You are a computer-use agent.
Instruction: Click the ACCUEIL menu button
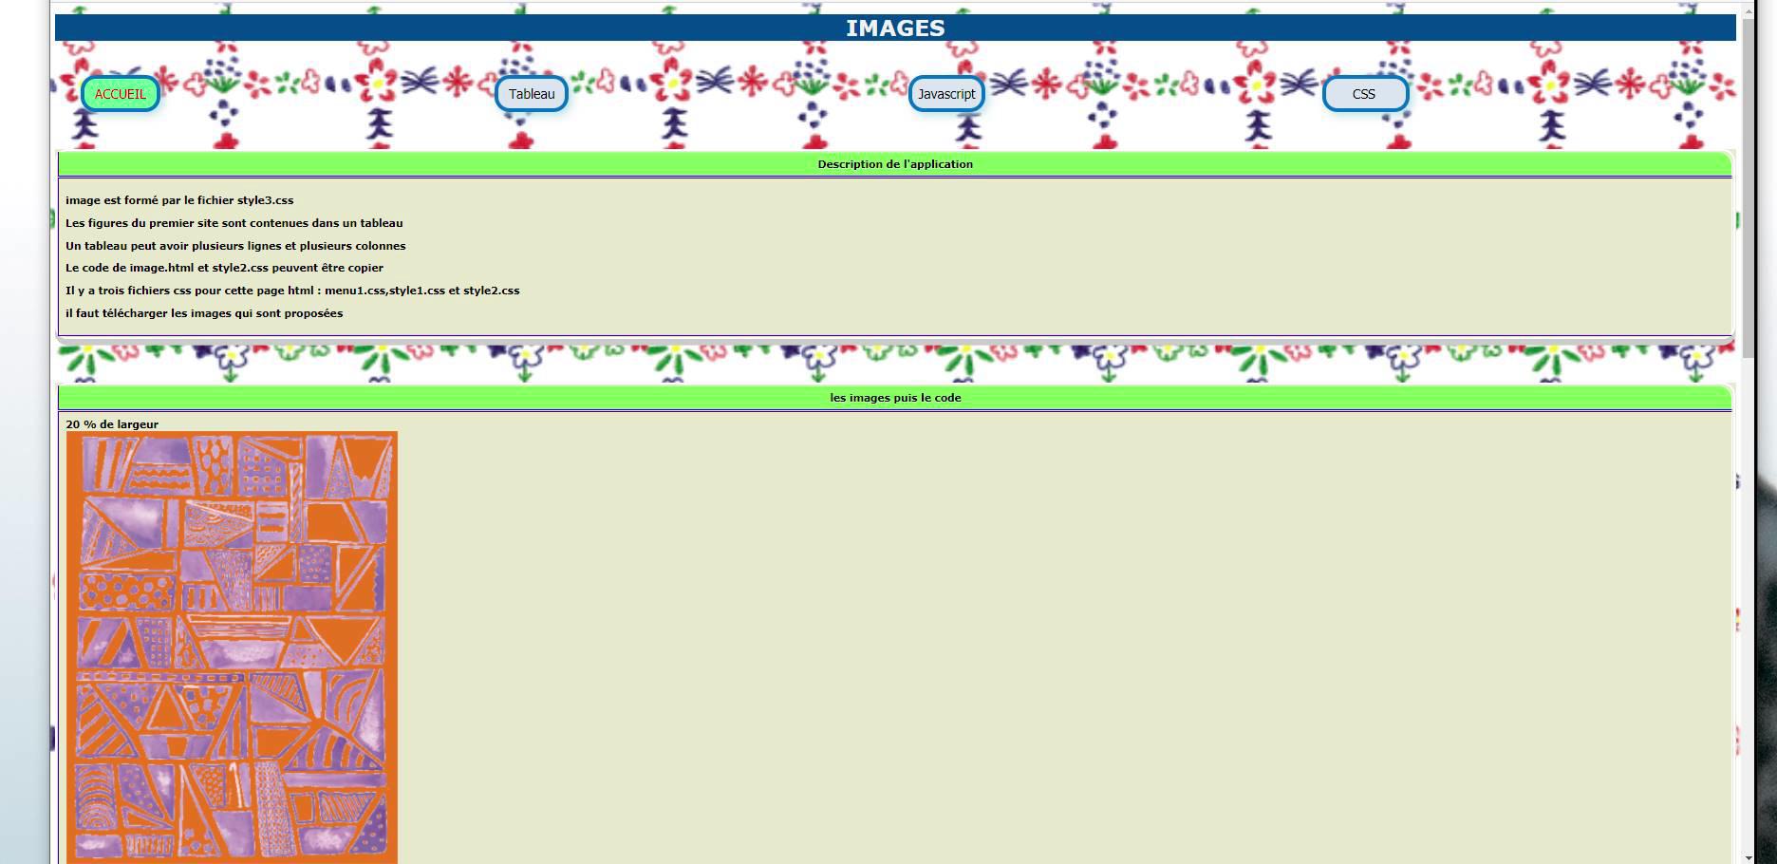click(121, 94)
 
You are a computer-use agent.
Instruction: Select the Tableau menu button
click(532, 94)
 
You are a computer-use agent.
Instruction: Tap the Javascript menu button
click(946, 94)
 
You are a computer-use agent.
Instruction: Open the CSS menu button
click(1364, 94)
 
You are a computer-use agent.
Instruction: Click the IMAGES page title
click(895, 28)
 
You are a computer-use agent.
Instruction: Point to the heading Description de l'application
click(895, 164)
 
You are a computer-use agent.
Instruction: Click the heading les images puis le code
click(895, 398)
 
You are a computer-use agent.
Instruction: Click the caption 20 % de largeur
click(112, 424)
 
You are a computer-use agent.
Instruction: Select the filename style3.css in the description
click(265, 200)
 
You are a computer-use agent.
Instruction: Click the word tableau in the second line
click(382, 223)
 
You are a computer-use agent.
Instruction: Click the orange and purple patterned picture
click(232, 646)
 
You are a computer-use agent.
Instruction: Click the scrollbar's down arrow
click(1749, 857)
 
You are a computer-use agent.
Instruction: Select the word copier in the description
click(365, 268)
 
